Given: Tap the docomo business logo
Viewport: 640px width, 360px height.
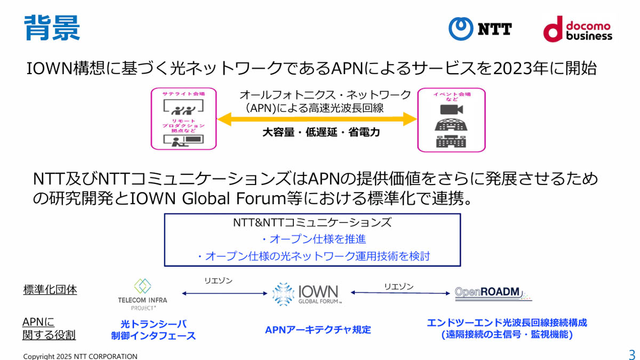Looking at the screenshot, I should click(578, 29).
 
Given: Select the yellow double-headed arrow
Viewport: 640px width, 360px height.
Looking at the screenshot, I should click(317, 119).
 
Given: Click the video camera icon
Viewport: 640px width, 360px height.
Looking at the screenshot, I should click(451, 109).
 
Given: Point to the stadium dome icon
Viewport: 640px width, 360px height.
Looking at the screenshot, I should click(451, 125).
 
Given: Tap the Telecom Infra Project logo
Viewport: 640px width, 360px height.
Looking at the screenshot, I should click(142, 294).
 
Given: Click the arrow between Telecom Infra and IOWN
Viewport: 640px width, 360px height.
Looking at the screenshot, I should click(224, 293).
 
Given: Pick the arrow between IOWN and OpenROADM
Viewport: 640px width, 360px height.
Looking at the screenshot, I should click(399, 293).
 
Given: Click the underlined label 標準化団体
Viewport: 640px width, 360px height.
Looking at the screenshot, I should click(50, 290).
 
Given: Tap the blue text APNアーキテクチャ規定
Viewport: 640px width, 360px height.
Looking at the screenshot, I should click(318, 330).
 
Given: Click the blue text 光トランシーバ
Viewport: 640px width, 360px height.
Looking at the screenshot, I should click(153, 324).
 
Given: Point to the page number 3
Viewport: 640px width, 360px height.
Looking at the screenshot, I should click(632, 355).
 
